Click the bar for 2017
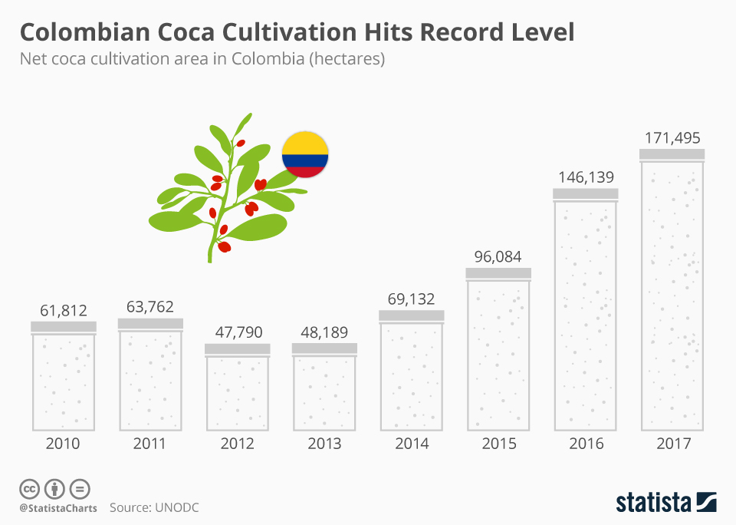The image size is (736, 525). [x=672, y=292]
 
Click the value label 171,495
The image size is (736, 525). [x=672, y=138]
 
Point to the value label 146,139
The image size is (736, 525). [x=585, y=177]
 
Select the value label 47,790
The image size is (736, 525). [x=238, y=332]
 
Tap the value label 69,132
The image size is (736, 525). [x=412, y=299]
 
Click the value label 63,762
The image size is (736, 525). [x=150, y=307]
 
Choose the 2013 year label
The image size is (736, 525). [x=324, y=444]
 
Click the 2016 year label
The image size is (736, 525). [x=586, y=444]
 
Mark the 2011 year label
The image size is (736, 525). [x=150, y=444]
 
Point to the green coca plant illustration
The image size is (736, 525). [x=222, y=192]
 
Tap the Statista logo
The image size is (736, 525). [x=666, y=502]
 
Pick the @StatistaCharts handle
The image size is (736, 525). [x=58, y=508]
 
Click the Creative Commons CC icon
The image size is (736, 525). [x=29, y=488]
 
